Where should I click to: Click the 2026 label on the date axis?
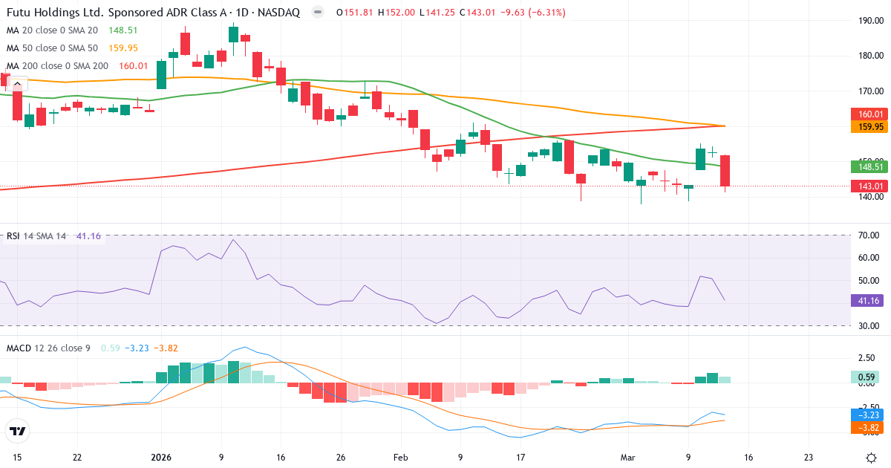point(162,458)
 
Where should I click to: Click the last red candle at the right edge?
point(725,172)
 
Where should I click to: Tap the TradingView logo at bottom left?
point(17,431)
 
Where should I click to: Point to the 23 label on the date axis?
point(808,458)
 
